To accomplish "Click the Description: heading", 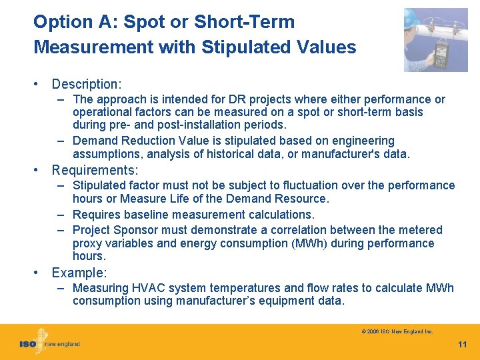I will point(87,84).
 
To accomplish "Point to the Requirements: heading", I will point(95,170).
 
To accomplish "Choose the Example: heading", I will point(79,273).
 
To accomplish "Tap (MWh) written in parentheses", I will point(307,243).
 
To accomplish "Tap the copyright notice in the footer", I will point(397,331).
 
